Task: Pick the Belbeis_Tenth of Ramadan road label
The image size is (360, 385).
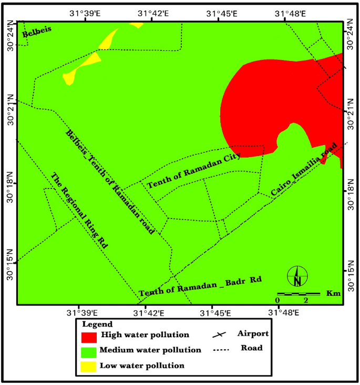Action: point(110,181)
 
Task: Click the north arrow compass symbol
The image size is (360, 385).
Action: point(297,277)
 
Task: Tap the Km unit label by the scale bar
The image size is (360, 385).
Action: point(332,293)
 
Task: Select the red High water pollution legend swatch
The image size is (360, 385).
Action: point(89,336)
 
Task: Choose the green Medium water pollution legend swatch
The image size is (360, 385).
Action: point(89,350)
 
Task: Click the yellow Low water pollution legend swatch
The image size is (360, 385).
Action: point(89,365)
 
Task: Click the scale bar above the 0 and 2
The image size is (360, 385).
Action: point(299,293)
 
